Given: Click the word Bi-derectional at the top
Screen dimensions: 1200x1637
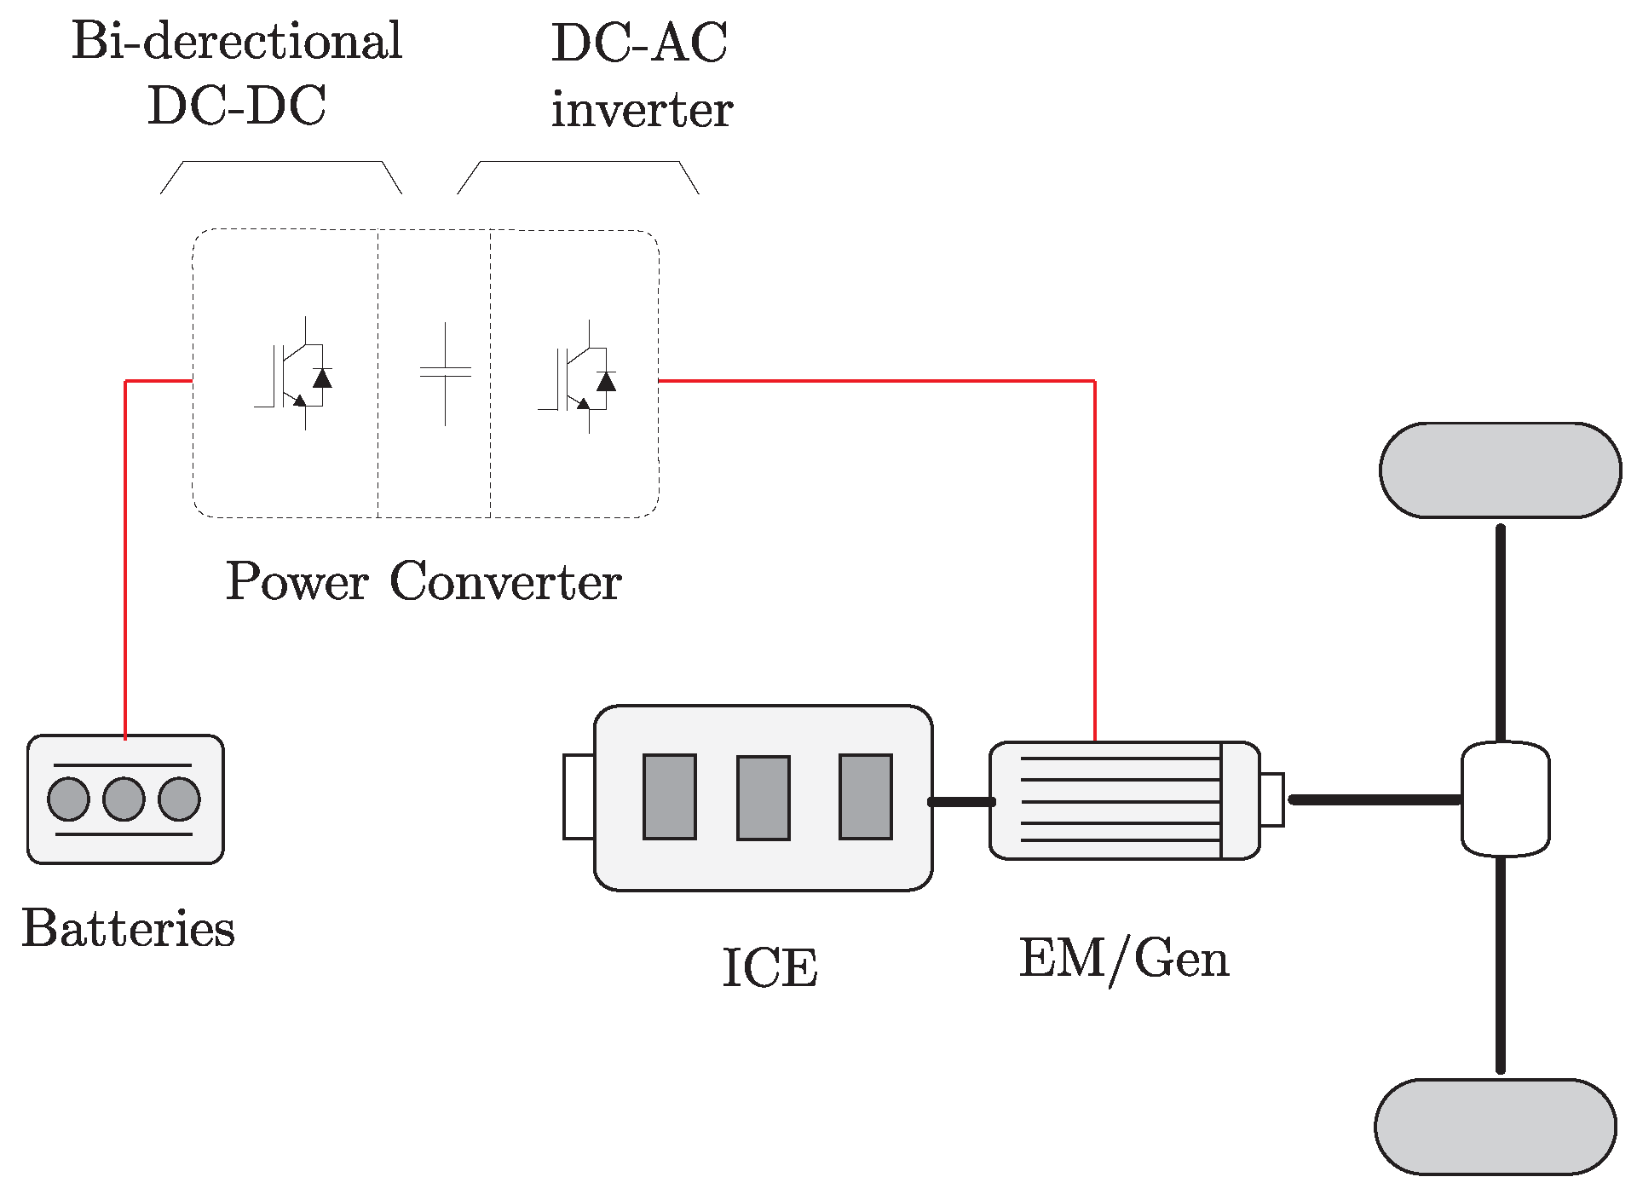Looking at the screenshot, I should (x=237, y=41).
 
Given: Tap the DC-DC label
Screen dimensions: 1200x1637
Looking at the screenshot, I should (x=237, y=107).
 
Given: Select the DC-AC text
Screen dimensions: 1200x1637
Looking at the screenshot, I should (x=639, y=43).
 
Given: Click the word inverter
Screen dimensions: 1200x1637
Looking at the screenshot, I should (x=642, y=110).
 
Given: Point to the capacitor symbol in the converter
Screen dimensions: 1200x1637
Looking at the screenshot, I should (x=445, y=373).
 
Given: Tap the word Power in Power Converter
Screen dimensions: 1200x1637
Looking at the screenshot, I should (x=297, y=582).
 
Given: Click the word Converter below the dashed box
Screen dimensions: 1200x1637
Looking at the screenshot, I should (x=505, y=582).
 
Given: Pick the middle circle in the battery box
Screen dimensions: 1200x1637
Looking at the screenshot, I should (x=124, y=799).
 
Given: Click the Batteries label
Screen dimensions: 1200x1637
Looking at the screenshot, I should (x=128, y=928).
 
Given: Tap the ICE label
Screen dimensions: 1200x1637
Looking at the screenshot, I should (x=770, y=968).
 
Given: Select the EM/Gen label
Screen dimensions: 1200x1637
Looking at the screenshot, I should (x=1124, y=959).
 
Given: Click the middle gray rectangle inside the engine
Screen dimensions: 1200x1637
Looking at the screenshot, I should (x=763, y=798).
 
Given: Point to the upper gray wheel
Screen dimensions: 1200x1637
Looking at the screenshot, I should (x=1500, y=470).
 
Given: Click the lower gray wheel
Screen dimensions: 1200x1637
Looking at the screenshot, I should (x=1496, y=1127).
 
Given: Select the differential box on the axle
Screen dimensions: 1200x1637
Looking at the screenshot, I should (x=1505, y=799).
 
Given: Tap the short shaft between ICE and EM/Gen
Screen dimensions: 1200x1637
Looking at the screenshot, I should (x=961, y=802).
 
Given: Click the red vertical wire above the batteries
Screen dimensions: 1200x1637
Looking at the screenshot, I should (x=125, y=554).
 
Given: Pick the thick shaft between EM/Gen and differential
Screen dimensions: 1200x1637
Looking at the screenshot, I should (x=1374, y=799).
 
